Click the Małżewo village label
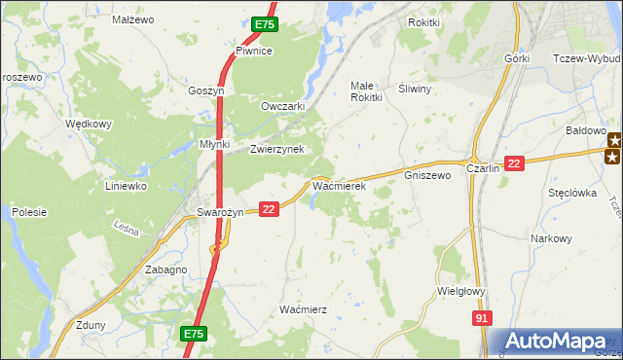point(134,19)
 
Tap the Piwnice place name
point(253,51)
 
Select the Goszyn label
point(206,90)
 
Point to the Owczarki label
point(283,106)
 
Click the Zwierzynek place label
point(277,149)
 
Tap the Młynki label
point(214,144)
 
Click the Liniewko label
point(126,185)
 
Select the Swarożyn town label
point(212,212)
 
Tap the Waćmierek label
point(338,184)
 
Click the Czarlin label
point(483,168)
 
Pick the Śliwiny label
point(416,87)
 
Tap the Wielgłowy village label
point(462,290)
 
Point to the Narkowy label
point(550,238)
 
